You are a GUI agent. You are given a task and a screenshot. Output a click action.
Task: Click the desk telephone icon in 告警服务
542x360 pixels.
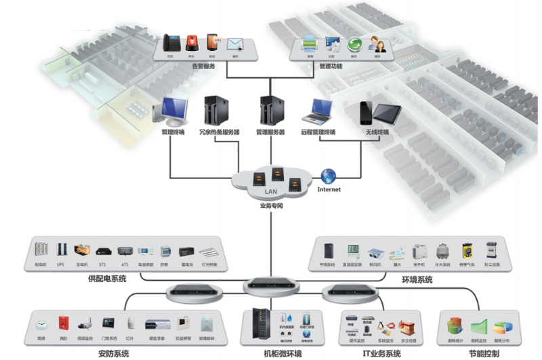click(x=171, y=42)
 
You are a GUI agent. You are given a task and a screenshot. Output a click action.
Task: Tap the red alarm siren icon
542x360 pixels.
click(x=192, y=42)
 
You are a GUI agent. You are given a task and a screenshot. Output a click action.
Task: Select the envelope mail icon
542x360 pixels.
click(x=235, y=45)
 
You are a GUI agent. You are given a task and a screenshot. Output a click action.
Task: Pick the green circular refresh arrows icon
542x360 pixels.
click(x=354, y=44)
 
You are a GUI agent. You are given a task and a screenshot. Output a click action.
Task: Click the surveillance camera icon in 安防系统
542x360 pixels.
click(x=85, y=323)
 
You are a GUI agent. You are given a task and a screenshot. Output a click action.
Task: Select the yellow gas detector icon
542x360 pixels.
click(x=466, y=249)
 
